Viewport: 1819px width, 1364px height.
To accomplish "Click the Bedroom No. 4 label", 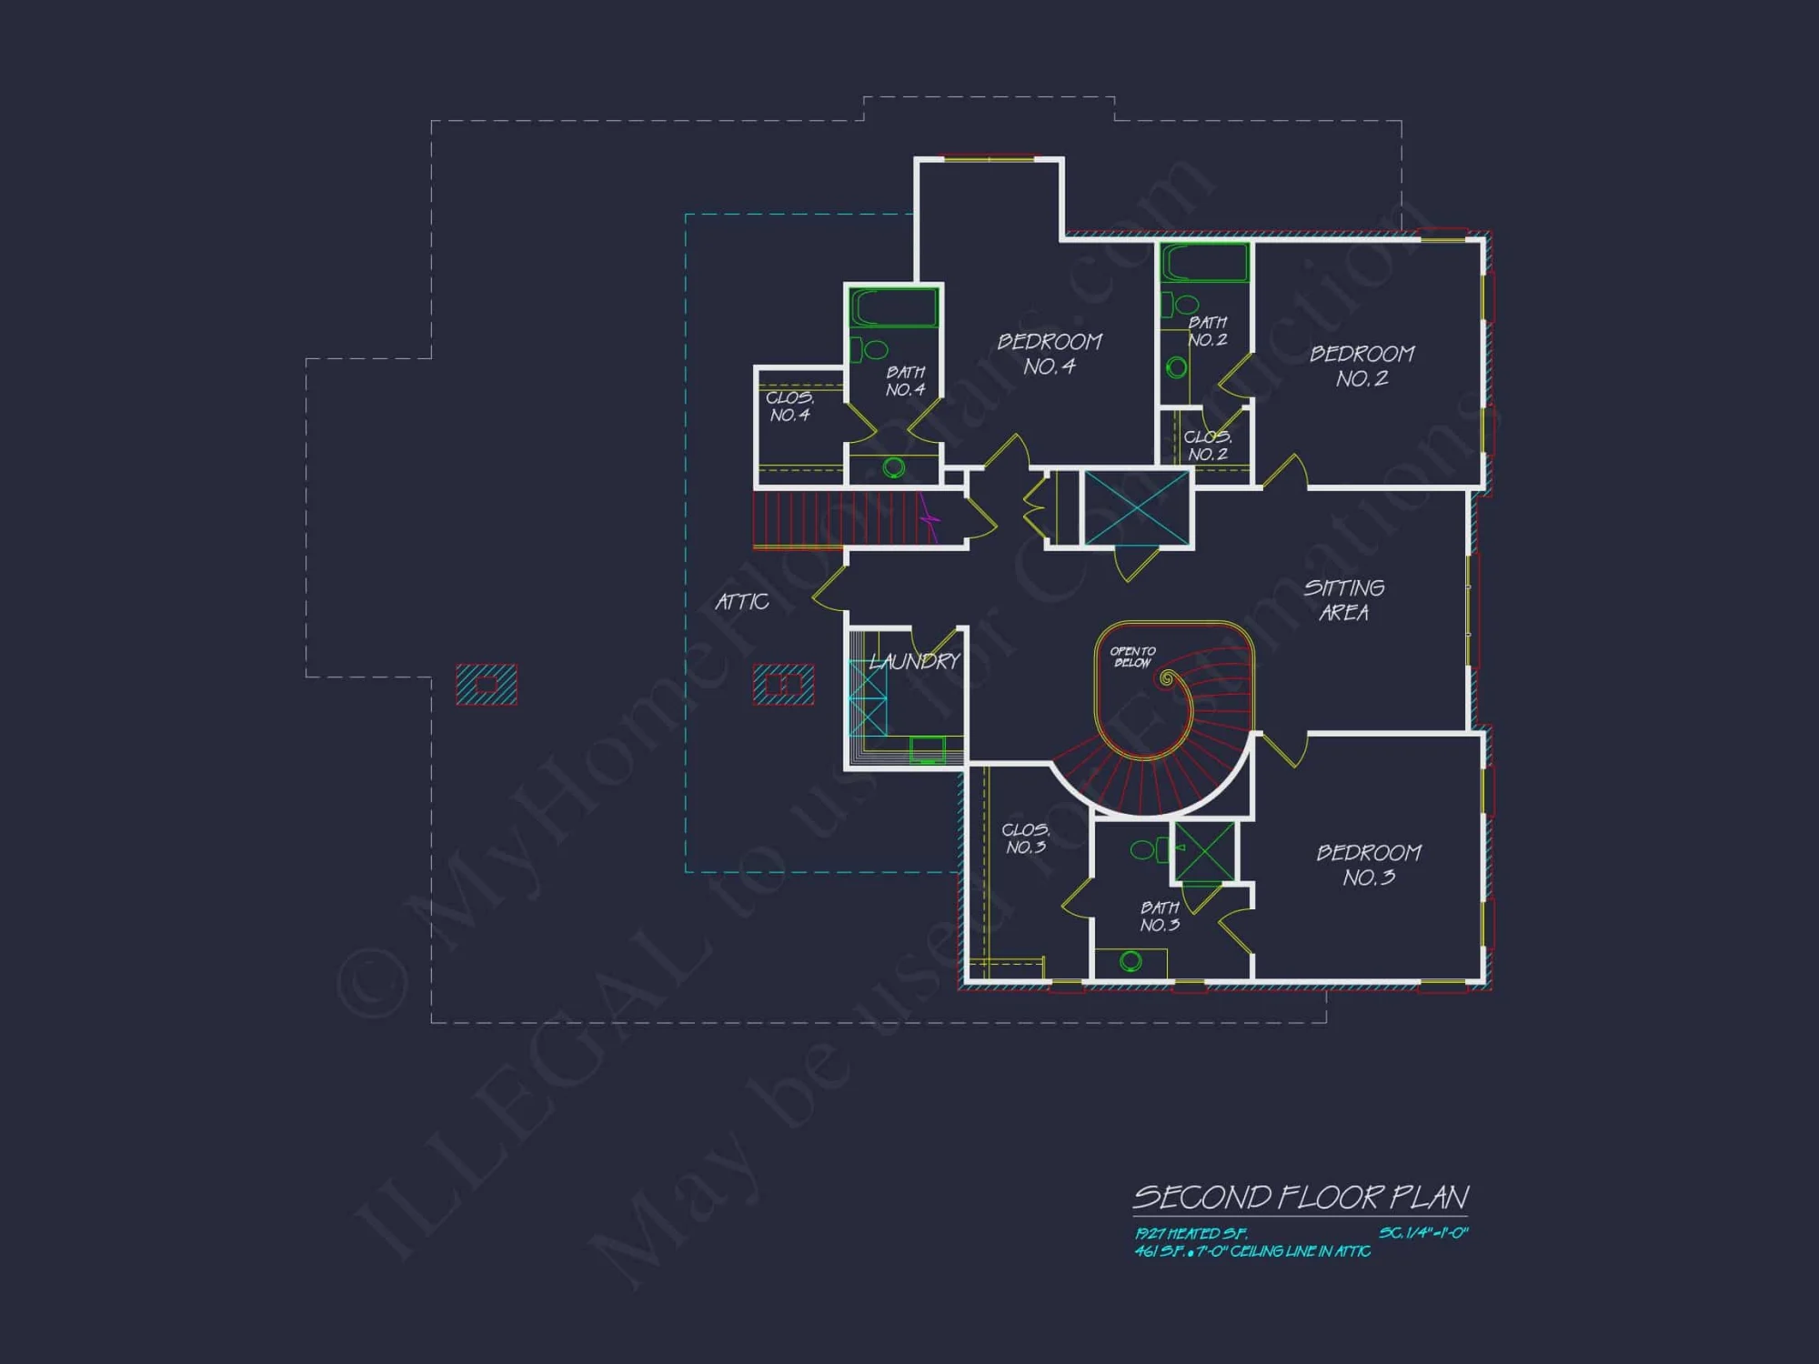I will (1050, 354).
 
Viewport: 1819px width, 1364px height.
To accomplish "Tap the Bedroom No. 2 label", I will (1362, 366).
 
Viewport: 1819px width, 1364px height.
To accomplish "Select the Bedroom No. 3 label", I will (1369, 865).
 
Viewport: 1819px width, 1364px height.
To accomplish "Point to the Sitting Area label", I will (1344, 600).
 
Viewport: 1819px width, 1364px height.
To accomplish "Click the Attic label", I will (741, 601).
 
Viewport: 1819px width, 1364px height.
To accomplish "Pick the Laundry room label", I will (914, 661).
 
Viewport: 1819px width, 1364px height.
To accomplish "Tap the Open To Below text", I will (1132, 657).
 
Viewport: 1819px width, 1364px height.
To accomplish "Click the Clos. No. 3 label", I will (1025, 838).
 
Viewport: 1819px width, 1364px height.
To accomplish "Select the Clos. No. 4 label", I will (789, 406).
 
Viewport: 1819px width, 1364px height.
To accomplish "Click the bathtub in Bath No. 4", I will (893, 308).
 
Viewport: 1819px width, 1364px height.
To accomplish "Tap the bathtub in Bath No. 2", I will (1204, 264).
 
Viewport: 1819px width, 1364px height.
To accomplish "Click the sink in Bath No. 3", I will (1131, 960).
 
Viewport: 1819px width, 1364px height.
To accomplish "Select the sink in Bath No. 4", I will (894, 467).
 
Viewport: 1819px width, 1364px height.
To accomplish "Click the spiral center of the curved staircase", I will (1167, 678).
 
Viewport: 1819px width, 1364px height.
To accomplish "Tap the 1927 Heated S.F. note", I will (1191, 1233).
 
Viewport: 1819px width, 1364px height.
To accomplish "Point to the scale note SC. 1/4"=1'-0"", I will (1423, 1233).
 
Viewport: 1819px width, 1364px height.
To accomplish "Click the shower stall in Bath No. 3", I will (1205, 852).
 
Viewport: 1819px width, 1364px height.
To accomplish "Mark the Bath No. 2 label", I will (1207, 331).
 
